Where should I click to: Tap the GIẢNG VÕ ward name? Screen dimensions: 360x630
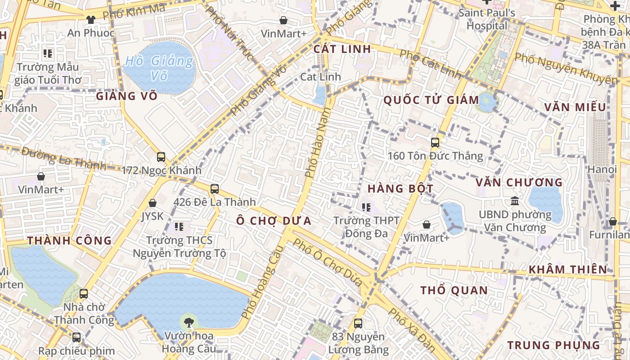click(126, 96)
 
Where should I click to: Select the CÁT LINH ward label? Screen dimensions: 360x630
click(342, 49)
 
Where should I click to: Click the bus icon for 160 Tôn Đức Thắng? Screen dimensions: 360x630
click(435, 143)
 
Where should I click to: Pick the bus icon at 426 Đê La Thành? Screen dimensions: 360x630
click(215, 189)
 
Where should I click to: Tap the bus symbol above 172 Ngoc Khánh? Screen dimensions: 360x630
click(161, 157)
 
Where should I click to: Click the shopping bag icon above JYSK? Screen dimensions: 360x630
click(153, 203)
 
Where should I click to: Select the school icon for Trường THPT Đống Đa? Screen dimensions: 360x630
click(366, 207)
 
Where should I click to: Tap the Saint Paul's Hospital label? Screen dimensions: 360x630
click(487, 19)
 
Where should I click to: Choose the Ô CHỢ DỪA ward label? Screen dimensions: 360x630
click(274, 220)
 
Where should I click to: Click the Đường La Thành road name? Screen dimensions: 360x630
click(63, 158)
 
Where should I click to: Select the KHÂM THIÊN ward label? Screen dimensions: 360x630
click(567, 270)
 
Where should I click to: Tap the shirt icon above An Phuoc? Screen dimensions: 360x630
click(91, 19)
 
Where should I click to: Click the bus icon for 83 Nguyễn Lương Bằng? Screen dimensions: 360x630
click(358, 324)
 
